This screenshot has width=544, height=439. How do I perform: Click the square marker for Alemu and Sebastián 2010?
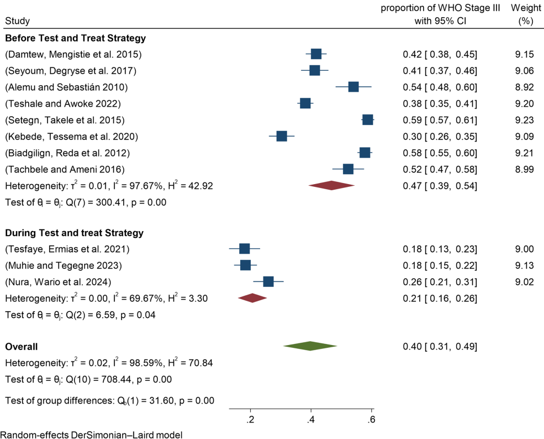tap(353, 87)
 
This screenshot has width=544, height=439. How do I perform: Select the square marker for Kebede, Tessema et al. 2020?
tap(282, 136)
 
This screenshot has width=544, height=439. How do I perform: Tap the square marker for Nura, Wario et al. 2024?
tap(268, 282)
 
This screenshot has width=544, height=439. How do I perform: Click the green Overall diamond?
tap(310, 346)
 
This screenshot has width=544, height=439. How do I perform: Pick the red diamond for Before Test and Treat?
tap(331, 186)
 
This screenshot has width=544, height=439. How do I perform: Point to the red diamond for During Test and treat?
tap(252, 298)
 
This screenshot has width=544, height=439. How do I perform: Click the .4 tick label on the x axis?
tap(311, 419)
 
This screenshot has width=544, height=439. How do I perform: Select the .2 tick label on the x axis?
tap(250, 419)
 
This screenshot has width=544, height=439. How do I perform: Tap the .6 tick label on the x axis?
tap(372, 419)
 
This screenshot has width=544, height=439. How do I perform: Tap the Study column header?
tap(18, 21)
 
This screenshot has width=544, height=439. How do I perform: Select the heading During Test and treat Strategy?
tap(74, 233)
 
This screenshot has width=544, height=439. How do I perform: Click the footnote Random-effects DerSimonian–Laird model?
tap(92, 434)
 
